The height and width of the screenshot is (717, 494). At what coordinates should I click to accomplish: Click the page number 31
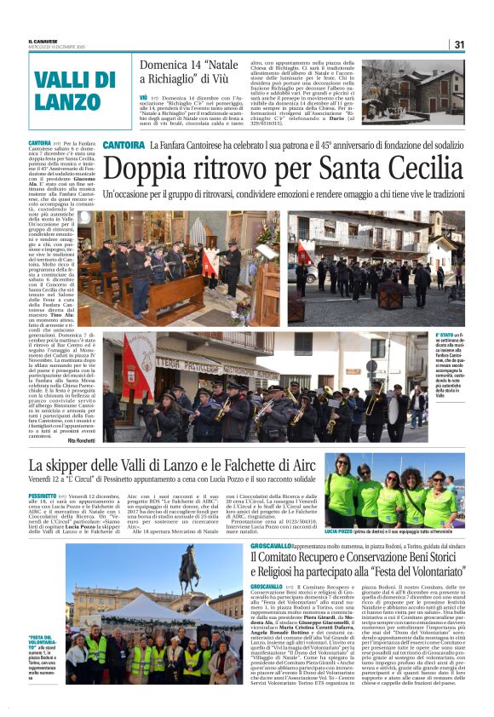(x=458, y=44)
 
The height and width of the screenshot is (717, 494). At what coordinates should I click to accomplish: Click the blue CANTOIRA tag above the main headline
(x=123, y=146)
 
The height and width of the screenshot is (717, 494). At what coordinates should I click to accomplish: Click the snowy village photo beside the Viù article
(x=415, y=94)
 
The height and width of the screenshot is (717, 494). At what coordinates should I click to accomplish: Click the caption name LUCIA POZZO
(x=343, y=530)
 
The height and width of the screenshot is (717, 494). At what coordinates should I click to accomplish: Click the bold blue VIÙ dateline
(x=144, y=98)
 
